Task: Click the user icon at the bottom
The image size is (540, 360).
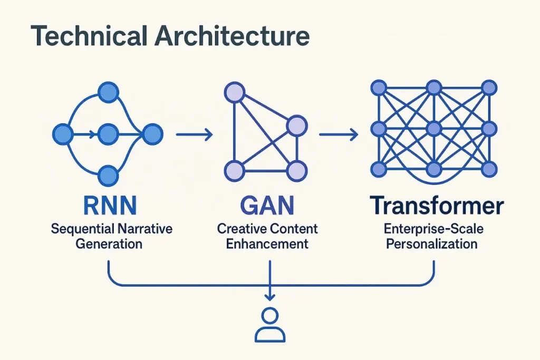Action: pyautogui.click(x=270, y=325)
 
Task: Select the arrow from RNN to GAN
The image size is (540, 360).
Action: pyautogui.click(x=194, y=135)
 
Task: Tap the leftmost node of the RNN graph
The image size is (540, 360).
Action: pyautogui.click(x=62, y=135)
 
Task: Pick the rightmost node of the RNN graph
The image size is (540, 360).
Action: pyautogui.click(x=153, y=135)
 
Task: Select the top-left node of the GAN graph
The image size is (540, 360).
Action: pyautogui.click(x=235, y=93)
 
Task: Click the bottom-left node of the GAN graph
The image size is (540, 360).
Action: pyautogui.click(x=235, y=170)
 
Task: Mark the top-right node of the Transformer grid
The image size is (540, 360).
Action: pyautogui.click(x=489, y=87)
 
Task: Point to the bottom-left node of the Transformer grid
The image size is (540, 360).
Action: pyautogui.click(x=378, y=169)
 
